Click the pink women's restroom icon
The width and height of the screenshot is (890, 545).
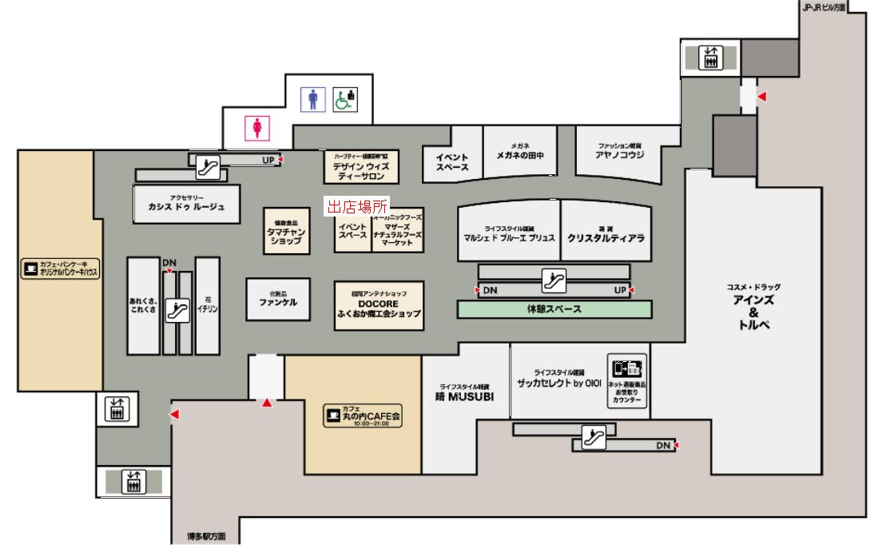click(257, 128)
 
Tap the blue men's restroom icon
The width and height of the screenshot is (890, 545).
click(313, 99)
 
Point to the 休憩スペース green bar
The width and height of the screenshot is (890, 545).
click(554, 309)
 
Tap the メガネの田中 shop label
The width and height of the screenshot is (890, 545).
click(520, 155)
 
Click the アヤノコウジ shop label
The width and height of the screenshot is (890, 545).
click(620, 155)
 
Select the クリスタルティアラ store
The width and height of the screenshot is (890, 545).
click(606, 237)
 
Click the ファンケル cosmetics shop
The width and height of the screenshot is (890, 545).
click(278, 302)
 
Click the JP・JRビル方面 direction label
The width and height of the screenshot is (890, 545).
click(824, 6)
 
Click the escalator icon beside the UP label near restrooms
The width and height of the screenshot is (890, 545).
click(208, 168)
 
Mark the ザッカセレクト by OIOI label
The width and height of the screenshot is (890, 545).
click(558, 383)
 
